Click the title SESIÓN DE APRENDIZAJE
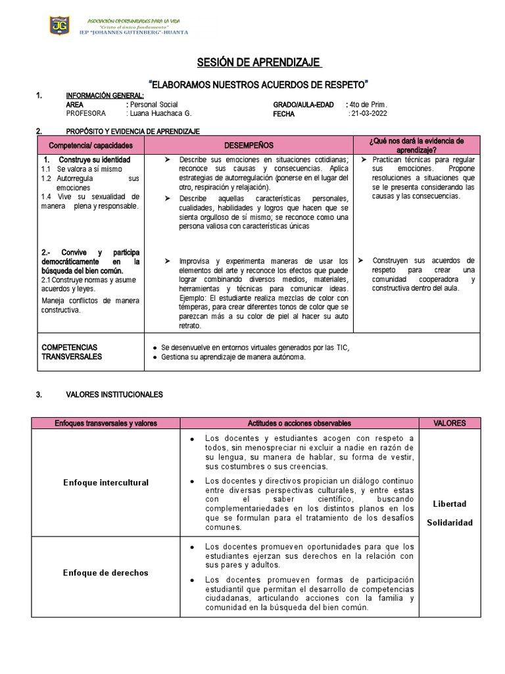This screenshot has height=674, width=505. coord(259,63)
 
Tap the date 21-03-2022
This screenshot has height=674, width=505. coord(369,113)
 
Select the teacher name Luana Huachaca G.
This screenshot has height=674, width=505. coord(161,113)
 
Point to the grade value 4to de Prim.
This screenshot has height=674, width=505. coord(369,105)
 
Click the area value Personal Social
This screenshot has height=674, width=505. coord(154,105)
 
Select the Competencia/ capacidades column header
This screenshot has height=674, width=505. coord(87,145)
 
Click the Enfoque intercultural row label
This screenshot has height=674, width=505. coord(105,482)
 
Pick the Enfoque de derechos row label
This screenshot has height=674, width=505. coord(105,573)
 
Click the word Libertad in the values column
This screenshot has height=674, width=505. coord(450,504)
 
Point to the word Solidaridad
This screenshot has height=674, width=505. coord(450,522)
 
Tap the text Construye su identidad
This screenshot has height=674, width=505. coord(94,160)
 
